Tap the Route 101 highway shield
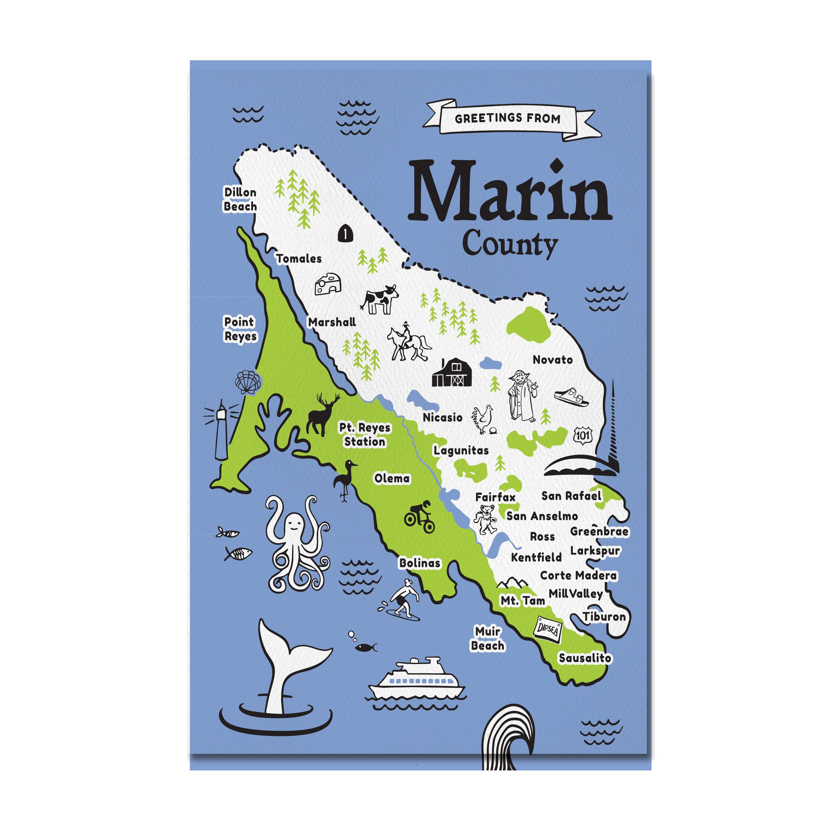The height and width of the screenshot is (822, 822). coord(582,435)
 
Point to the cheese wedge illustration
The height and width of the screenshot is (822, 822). coord(328,284)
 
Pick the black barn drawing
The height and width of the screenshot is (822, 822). coord(452,373)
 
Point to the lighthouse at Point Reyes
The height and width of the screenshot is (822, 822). coord(221,430)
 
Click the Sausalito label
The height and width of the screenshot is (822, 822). coord(585,658)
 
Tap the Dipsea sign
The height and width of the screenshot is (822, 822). coord(548,629)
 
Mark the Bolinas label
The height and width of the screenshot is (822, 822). coord(419,563)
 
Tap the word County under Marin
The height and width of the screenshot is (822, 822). coord(510,244)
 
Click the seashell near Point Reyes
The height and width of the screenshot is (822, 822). coord(248,382)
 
